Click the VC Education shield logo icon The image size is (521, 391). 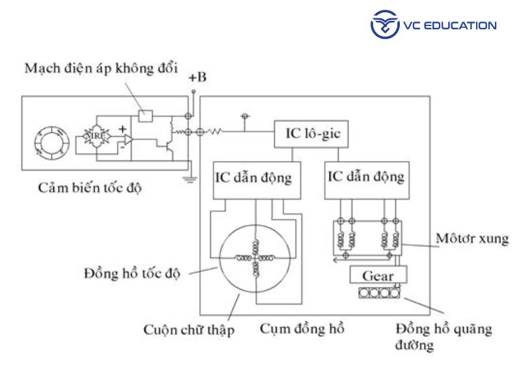[x=384, y=25]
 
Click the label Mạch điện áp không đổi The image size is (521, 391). [x=100, y=68]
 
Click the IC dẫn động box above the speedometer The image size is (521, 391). [x=253, y=177]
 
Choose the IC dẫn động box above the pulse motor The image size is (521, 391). [x=365, y=177]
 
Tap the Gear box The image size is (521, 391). [x=378, y=276]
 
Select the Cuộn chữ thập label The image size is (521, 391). [x=189, y=330]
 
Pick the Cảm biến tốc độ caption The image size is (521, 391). [x=90, y=189]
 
